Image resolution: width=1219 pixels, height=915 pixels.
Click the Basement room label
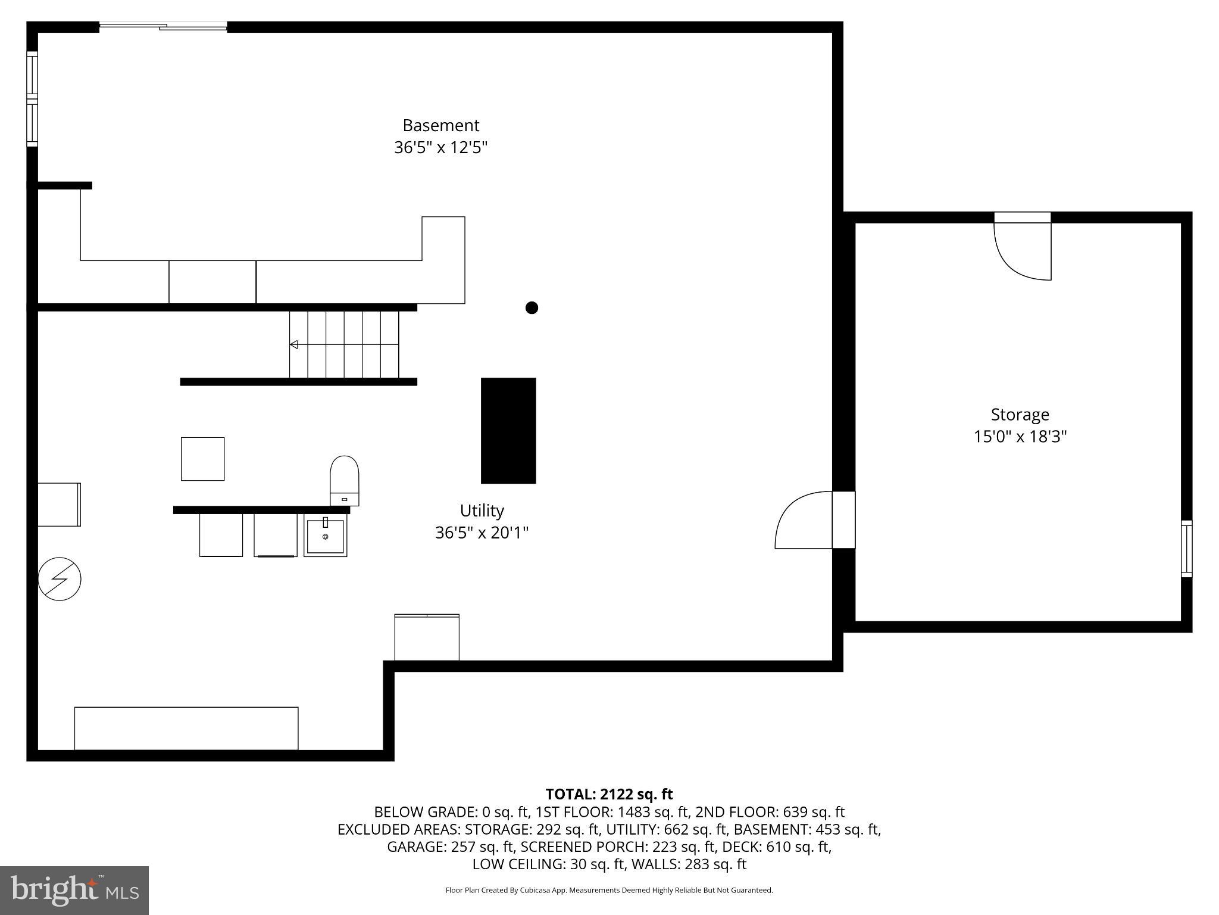tap(440, 126)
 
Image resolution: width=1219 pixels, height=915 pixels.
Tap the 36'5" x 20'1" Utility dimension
tap(482, 533)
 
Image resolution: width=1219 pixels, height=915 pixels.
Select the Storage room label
tap(1020, 415)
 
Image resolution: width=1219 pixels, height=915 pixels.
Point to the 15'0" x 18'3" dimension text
tap(1020, 437)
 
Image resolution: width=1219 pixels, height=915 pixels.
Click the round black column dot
tap(532, 307)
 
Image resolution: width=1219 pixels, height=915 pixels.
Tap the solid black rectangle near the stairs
tap(508, 430)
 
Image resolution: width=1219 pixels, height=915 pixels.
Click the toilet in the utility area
tap(344, 480)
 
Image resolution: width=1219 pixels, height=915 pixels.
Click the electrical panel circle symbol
tap(60, 578)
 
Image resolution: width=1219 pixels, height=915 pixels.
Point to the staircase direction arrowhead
tap(293, 344)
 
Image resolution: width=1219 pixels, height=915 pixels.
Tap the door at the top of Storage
tap(1023, 247)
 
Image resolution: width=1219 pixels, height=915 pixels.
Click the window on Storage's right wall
tap(1186, 549)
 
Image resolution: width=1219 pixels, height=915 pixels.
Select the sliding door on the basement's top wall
tap(163, 26)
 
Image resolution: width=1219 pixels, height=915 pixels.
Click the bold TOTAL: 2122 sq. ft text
tap(609, 794)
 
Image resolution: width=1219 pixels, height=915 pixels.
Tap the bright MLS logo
tap(74, 890)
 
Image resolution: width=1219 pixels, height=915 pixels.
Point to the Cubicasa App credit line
tap(609, 891)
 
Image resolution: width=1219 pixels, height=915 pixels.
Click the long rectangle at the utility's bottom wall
tap(186, 728)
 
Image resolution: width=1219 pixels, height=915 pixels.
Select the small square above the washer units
tap(202, 459)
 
